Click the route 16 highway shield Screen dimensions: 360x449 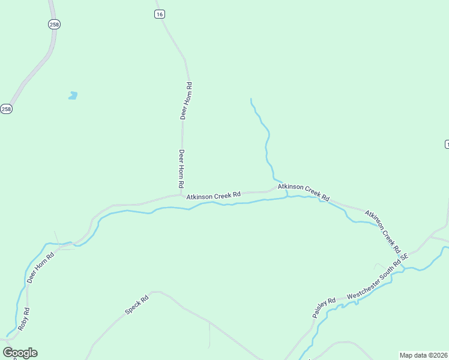pos(159,14)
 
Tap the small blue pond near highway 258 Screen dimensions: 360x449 pos(73,95)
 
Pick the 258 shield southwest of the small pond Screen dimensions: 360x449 pos(6,109)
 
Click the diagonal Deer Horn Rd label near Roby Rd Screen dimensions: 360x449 pos(40,267)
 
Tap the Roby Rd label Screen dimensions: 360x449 pos(23,320)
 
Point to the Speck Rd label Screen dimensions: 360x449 pos(136,305)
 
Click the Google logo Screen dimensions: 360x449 pos(20,353)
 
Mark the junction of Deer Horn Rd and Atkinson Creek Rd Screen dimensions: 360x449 pos(182,194)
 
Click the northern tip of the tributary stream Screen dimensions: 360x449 pos(250,98)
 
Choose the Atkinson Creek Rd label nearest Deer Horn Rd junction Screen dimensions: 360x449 pos(213,196)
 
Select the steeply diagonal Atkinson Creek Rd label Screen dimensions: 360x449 pos(383,232)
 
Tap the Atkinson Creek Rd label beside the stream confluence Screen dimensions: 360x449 pos(304,192)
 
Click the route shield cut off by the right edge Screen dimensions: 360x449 pos(447,145)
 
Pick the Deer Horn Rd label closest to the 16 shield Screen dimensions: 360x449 pos(186,101)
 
